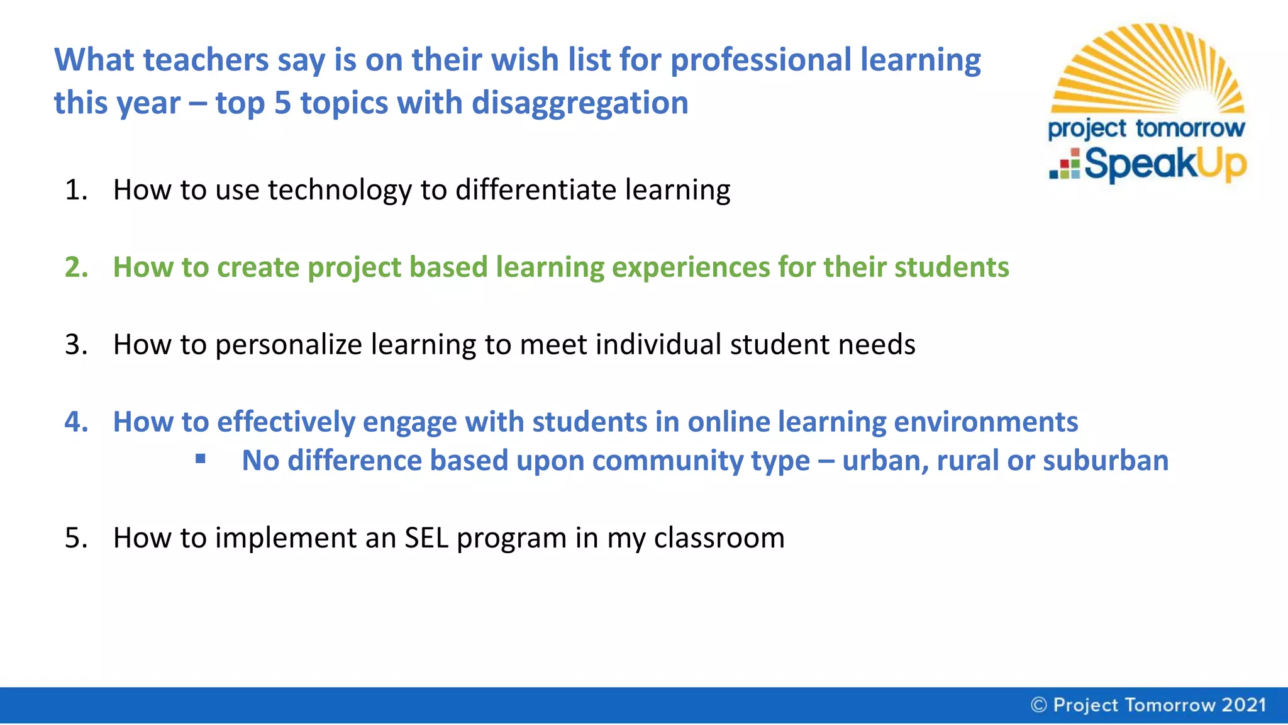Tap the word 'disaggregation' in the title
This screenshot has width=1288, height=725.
(580, 103)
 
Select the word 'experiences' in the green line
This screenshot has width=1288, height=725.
(691, 267)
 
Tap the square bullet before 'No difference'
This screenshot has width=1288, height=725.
(201, 459)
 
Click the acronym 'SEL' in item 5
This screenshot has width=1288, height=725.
(426, 538)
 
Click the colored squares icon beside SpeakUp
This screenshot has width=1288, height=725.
(1065, 164)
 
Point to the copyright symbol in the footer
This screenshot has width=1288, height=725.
(1039, 705)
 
